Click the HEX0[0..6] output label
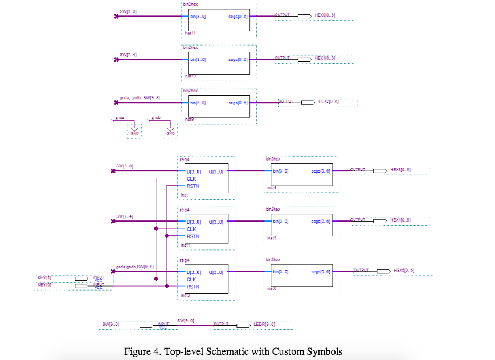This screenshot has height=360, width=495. click(x=325, y=16)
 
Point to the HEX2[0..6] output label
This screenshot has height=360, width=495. click(x=329, y=101)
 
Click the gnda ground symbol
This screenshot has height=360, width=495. click(x=134, y=132)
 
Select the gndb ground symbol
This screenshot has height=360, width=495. click(x=170, y=132)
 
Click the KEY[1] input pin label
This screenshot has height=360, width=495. click(x=44, y=277)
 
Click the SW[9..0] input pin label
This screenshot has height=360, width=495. click(x=111, y=325)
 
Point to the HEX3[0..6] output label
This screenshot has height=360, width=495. click(x=400, y=170)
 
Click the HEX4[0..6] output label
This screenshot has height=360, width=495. click(x=400, y=220)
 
